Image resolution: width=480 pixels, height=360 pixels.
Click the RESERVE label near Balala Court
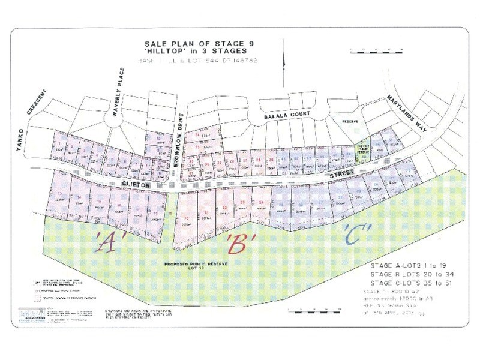pyautogui.click(x=349, y=121)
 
